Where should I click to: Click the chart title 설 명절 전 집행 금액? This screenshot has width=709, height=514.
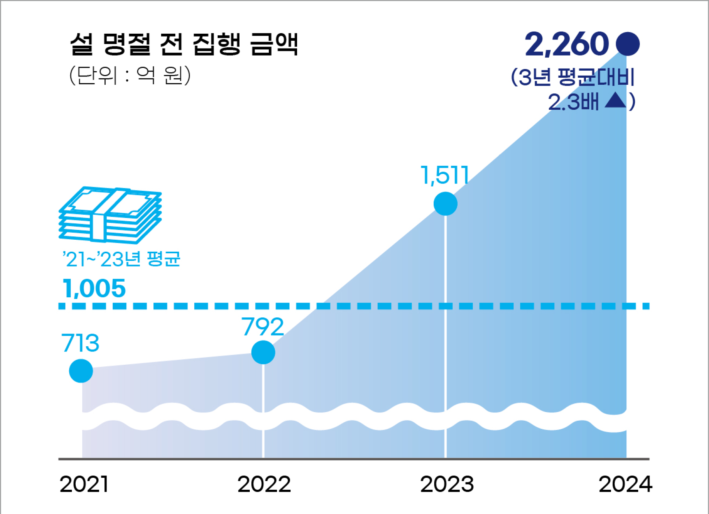pos(184,44)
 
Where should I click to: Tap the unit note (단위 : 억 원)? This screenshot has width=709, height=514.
pos(130,75)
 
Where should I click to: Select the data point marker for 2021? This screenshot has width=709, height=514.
pos(81,371)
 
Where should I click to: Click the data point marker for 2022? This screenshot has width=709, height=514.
pos(263,352)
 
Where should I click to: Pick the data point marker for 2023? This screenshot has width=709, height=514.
pos(445,204)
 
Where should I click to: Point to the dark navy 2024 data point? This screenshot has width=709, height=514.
pos(628,44)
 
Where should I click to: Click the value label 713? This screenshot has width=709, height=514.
pos(81,343)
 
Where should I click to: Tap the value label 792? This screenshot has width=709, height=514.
pos(263,327)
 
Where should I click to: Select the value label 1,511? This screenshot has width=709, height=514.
pos(445,175)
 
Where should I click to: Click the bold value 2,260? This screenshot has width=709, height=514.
pos(567,44)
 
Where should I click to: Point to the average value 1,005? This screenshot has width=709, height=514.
pos(94,288)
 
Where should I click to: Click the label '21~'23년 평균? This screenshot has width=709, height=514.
pos(121,259)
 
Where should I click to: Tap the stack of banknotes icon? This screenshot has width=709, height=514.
pos(110,214)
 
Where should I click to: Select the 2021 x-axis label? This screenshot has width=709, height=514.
pos(84,484)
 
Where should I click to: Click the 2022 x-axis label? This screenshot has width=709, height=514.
pos(264,484)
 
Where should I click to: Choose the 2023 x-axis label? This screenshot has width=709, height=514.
pos(447,484)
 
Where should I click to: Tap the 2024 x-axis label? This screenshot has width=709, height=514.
pos(625,484)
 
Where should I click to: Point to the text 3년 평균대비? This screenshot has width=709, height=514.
pos(576,77)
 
